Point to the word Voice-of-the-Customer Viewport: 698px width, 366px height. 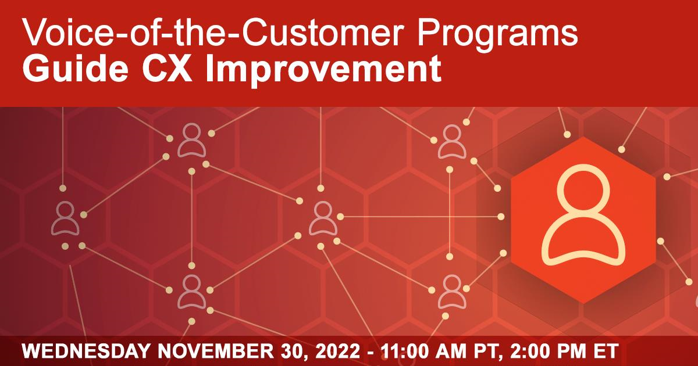click(x=211, y=32)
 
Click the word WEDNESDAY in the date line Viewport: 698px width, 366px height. click(x=86, y=351)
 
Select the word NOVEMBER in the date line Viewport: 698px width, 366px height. click(x=216, y=351)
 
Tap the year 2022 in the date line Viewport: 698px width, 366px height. click(x=338, y=351)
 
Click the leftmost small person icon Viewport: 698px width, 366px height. click(x=65, y=218)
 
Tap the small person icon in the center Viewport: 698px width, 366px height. click(x=323, y=218)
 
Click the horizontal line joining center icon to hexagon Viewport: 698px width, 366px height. click(x=421, y=217)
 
